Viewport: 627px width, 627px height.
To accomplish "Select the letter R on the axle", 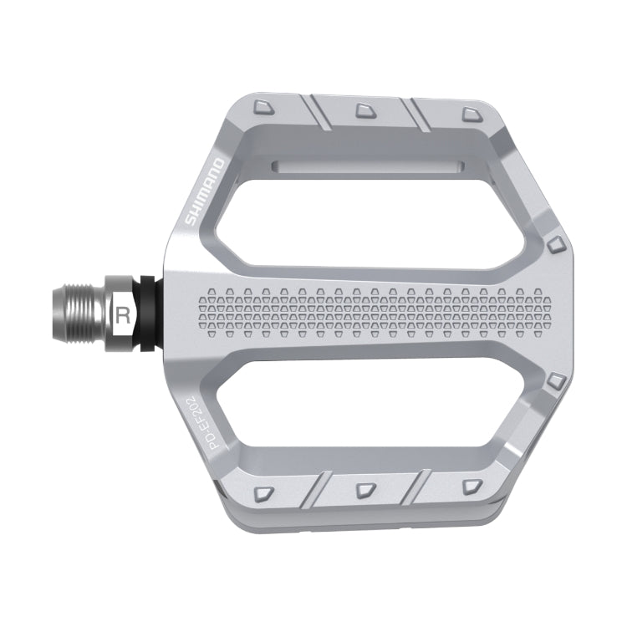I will [x=123, y=315].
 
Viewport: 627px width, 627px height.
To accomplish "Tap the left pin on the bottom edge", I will [x=263, y=491].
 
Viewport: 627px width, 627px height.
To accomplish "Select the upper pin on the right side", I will [x=555, y=243].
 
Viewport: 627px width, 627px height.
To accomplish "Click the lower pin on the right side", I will [x=555, y=384].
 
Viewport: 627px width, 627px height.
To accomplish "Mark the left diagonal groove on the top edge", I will [x=319, y=113].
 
